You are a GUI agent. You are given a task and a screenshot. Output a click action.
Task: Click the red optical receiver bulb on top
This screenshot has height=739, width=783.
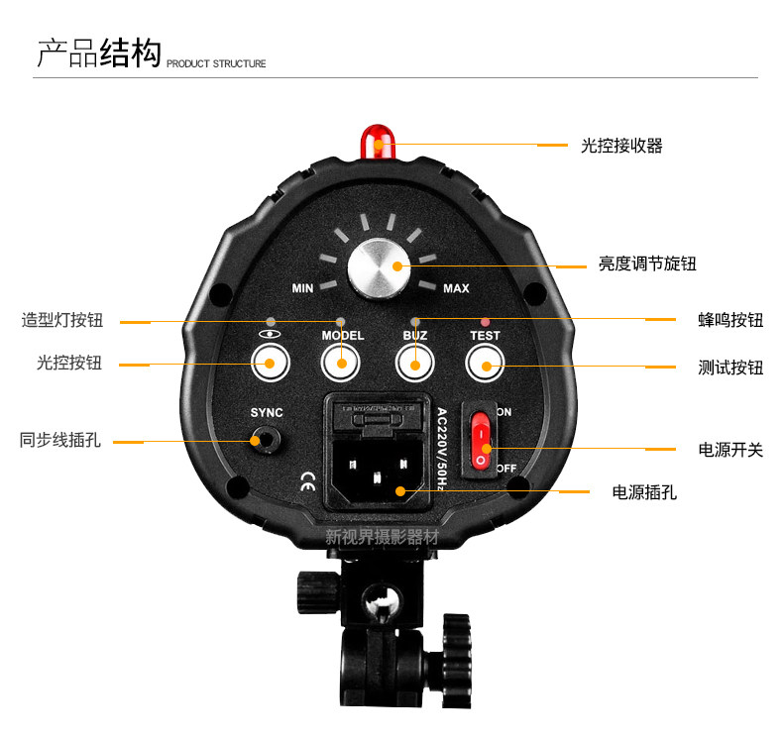pyautogui.click(x=377, y=141)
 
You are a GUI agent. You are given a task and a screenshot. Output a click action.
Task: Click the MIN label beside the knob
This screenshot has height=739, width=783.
pyautogui.click(x=303, y=289)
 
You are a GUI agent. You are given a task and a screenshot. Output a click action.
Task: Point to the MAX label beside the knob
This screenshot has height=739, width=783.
pyautogui.click(x=456, y=289)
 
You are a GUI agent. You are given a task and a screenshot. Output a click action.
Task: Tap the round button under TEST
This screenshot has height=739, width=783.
pyautogui.click(x=485, y=365)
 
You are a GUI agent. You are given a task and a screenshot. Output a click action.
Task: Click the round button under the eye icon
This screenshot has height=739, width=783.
pyautogui.click(x=269, y=364)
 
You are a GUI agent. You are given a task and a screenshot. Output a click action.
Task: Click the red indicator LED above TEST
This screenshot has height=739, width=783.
pyautogui.click(x=485, y=321)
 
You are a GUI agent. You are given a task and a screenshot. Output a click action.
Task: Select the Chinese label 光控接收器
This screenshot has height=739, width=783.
pyautogui.click(x=621, y=146)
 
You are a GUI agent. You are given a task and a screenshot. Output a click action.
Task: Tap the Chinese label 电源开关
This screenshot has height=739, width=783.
pyautogui.click(x=730, y=449)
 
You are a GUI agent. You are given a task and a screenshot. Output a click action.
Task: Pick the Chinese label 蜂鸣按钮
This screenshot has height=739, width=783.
pyautogui.click(x=730, y=320)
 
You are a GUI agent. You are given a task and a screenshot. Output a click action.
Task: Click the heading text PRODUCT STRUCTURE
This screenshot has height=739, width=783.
pyautogui.click(x=216, y=63)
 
